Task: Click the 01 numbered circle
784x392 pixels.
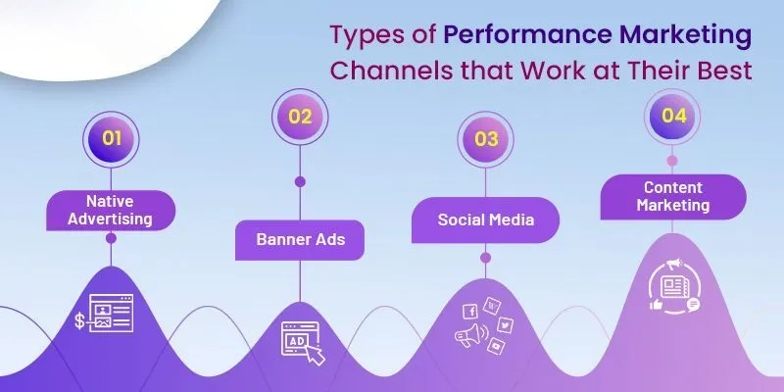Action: point(111,137)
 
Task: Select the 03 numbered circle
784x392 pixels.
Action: point(486,137)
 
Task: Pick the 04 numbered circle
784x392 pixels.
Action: point(671,115)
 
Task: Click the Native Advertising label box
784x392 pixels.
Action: point(111,209)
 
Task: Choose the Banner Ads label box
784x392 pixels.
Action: point(299,238)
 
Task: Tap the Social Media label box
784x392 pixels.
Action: point(486,219)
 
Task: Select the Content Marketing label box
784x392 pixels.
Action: point(671,196)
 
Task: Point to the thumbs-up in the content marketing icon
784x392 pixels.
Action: point(656,305)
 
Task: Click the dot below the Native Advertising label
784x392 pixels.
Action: point(111,238)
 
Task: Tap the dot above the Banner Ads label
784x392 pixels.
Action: point(299,180)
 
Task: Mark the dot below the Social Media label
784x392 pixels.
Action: point(486,258)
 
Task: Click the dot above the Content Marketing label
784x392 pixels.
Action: point(671,160)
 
